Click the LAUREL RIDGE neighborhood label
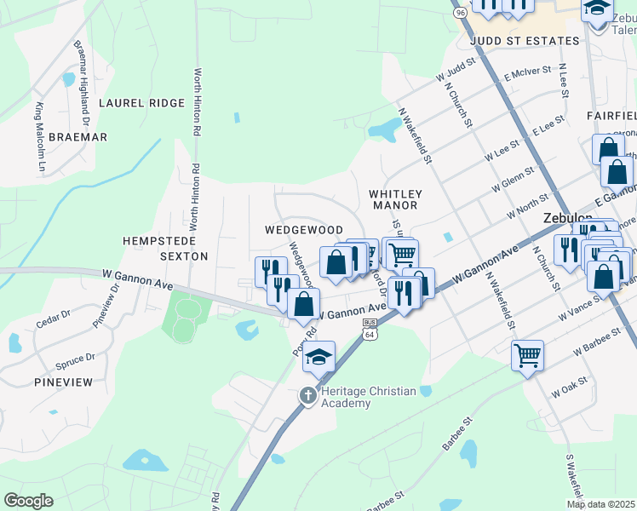(x=141, y=103)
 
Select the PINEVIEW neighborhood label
(x=63, y=382)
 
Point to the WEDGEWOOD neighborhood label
(x=303, y=230)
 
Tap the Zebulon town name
(x=568, y=218)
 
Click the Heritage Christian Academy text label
(x=368, y=397)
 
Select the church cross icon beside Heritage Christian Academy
(x=308, y=395)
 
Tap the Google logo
(x=28, y=501)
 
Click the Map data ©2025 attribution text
(x=601, y=504)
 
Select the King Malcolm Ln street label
(x=40, y=139)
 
